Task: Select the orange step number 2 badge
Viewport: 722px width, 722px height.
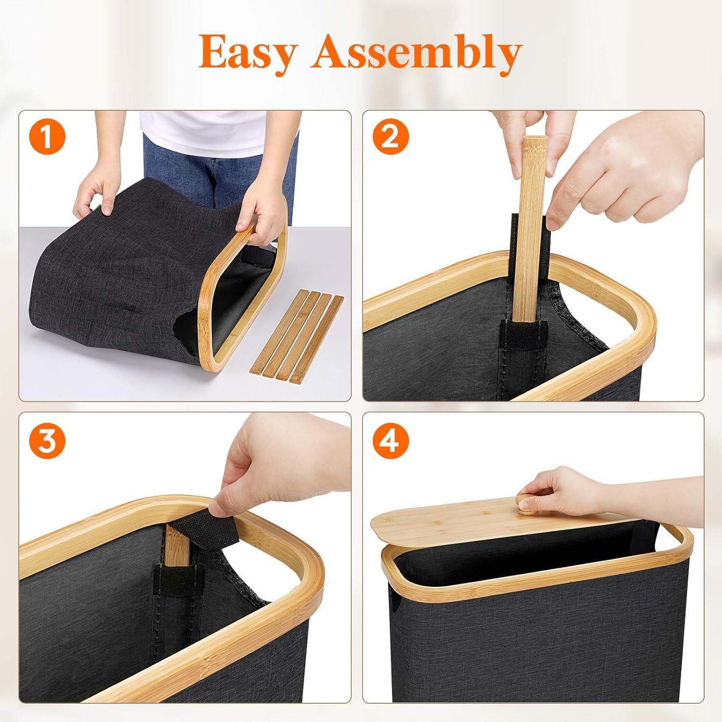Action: pyautogui.click(x=389, y=138)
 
